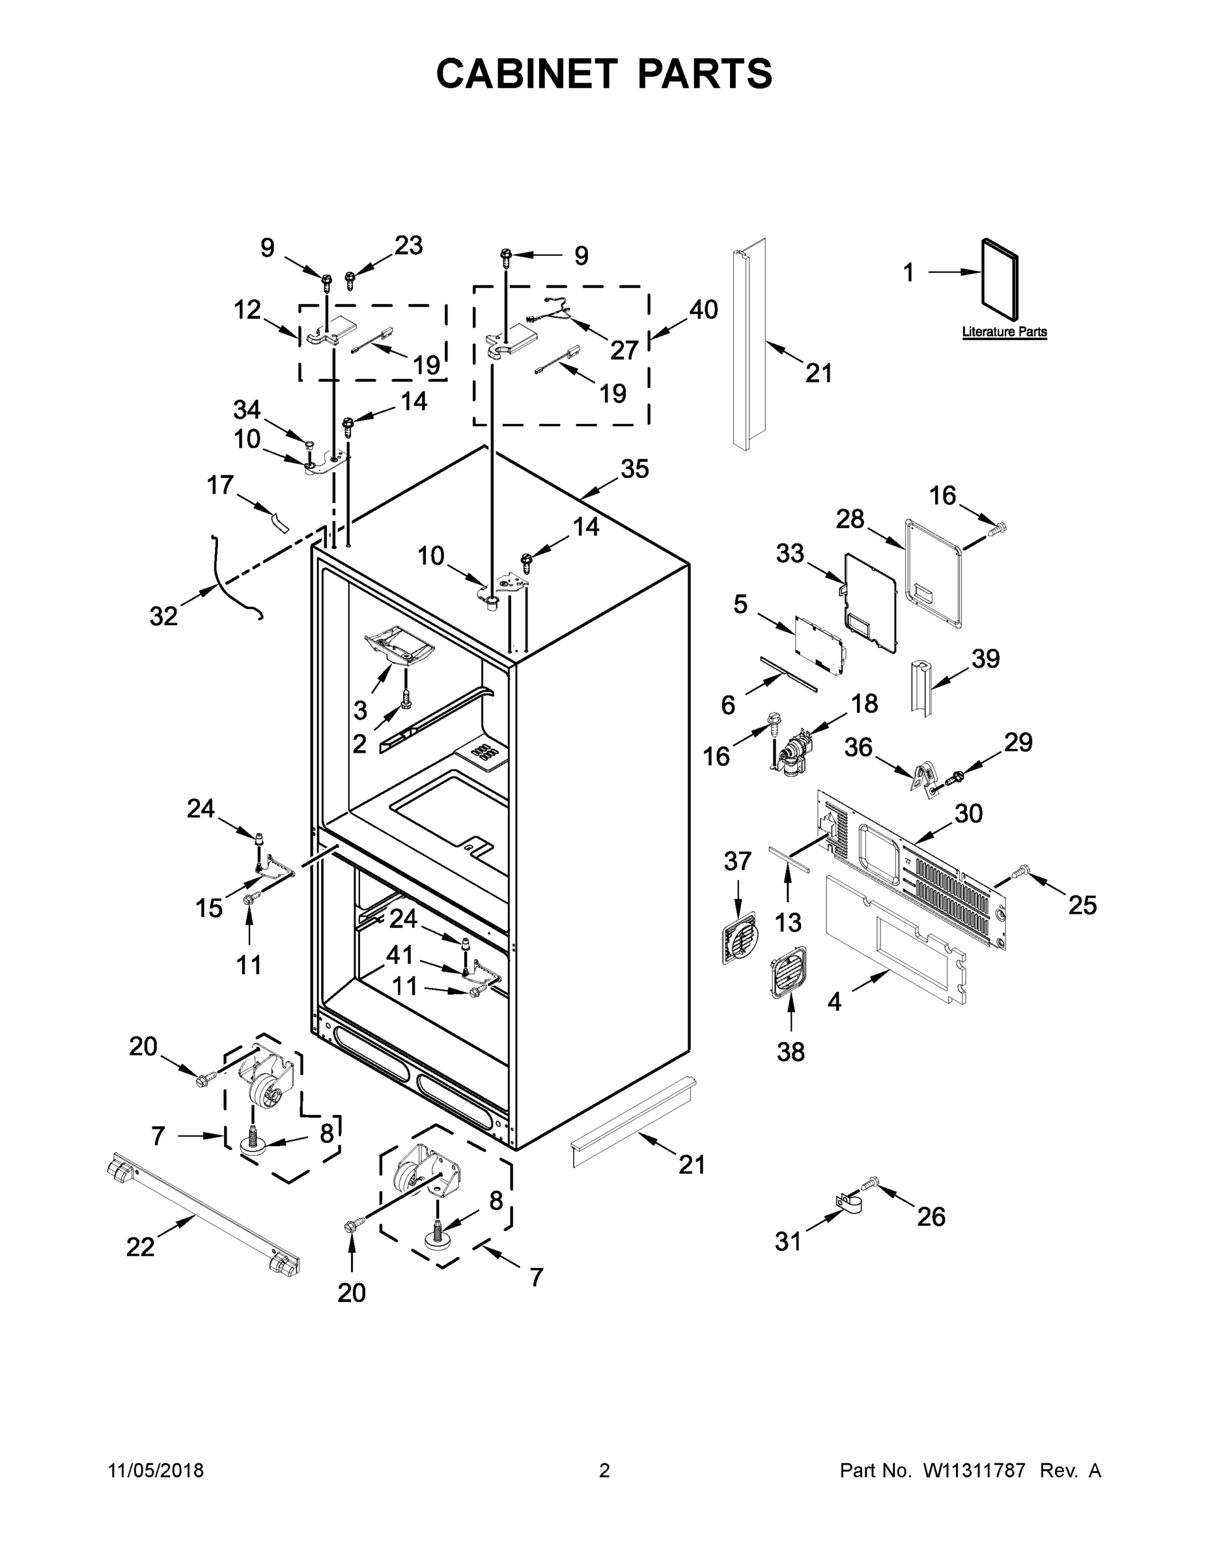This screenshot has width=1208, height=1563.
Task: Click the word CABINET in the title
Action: click(x=526, y=73)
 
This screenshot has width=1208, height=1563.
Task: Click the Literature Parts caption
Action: click(x=1004, y=332)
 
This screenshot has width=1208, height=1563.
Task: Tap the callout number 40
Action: click(x=703, y=310)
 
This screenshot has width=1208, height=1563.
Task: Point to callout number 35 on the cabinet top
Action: click(x=634, y=470)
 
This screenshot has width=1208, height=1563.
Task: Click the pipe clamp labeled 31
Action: click(x=849, y=1204)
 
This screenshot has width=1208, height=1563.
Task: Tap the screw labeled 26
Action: click(x=869, y=1185)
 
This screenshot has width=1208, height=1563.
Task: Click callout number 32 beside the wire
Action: click(x=163, y=616)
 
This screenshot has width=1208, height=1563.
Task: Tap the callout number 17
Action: click(x=219, y=485)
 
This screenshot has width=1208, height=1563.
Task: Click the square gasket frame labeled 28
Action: click(x=934, y=572)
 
